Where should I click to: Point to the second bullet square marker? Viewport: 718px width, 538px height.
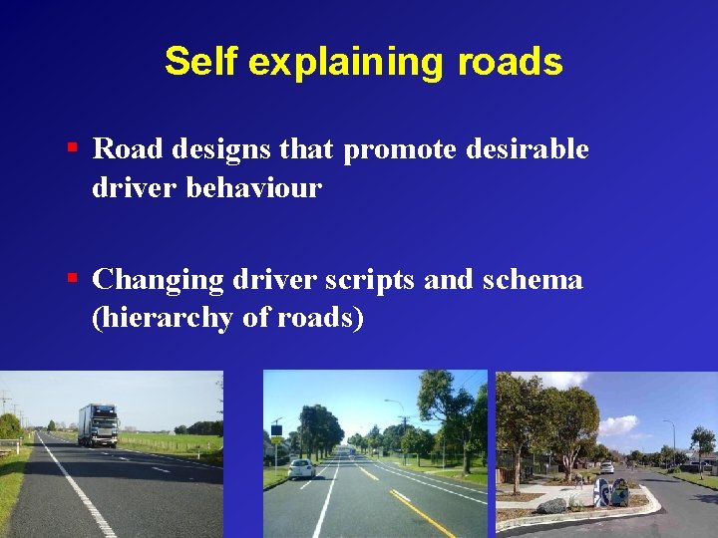[x=73, y=279]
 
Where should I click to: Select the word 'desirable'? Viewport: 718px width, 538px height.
[x=527, y=149]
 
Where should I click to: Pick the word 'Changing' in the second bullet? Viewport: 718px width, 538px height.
[x=157, y=280]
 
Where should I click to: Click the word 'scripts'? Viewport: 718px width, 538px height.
[x=369, y=280]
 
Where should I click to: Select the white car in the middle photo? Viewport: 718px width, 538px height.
[x=302, y=468]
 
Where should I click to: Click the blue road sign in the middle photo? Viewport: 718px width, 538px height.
[x=276, y=430]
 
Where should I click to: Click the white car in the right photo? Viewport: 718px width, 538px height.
[x=606, y=466]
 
